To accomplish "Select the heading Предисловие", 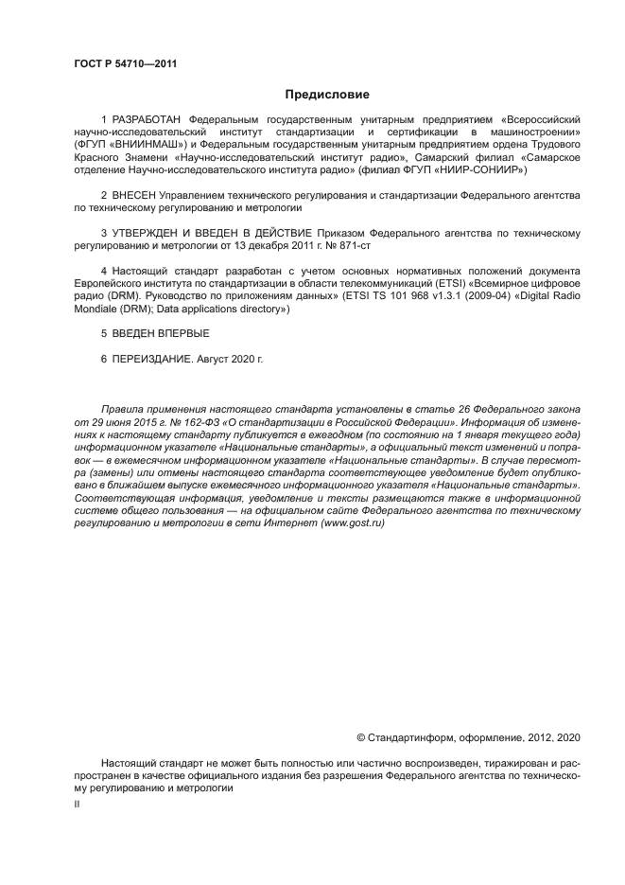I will coord(328,95).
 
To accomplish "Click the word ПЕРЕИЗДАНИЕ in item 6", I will coord(152,360).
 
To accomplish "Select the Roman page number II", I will coord(77,803).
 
